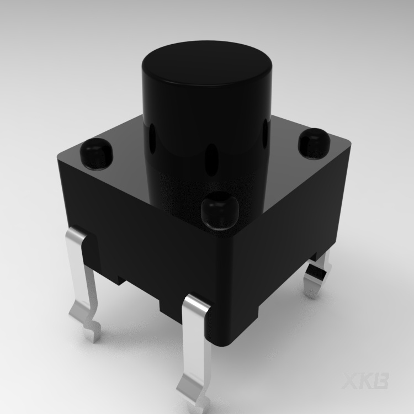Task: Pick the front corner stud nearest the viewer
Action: click(x=219, y=210)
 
